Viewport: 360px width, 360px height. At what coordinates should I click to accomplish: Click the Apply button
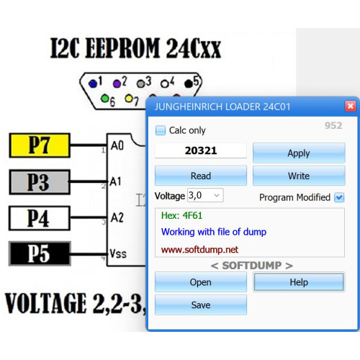299,153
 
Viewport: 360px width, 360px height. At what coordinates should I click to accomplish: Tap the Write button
299,176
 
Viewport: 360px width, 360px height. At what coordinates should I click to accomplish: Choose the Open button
201,282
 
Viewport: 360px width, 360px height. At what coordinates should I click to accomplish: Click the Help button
299,282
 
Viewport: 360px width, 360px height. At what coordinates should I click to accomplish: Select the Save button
201,305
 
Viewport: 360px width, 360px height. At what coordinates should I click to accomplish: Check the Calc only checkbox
161,130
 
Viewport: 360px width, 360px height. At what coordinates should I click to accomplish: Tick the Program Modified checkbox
339,197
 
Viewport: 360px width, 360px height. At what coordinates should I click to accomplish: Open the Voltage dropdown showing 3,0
205,195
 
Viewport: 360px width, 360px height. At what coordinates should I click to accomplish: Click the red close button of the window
350,106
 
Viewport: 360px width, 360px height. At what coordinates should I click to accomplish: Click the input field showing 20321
201,150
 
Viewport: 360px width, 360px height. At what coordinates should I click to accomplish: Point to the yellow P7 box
40,145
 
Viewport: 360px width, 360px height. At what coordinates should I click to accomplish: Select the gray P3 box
40,182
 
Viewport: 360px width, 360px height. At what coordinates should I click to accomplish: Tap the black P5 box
40,253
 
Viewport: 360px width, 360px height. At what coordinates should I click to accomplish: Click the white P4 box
40,218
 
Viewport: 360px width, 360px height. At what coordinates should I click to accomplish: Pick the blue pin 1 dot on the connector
92,84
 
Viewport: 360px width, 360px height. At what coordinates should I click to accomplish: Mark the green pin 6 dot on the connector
105,99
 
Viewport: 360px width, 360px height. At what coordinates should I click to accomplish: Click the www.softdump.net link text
199,250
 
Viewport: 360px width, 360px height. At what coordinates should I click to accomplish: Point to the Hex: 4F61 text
181,215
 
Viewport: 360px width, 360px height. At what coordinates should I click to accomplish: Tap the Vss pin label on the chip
118,253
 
